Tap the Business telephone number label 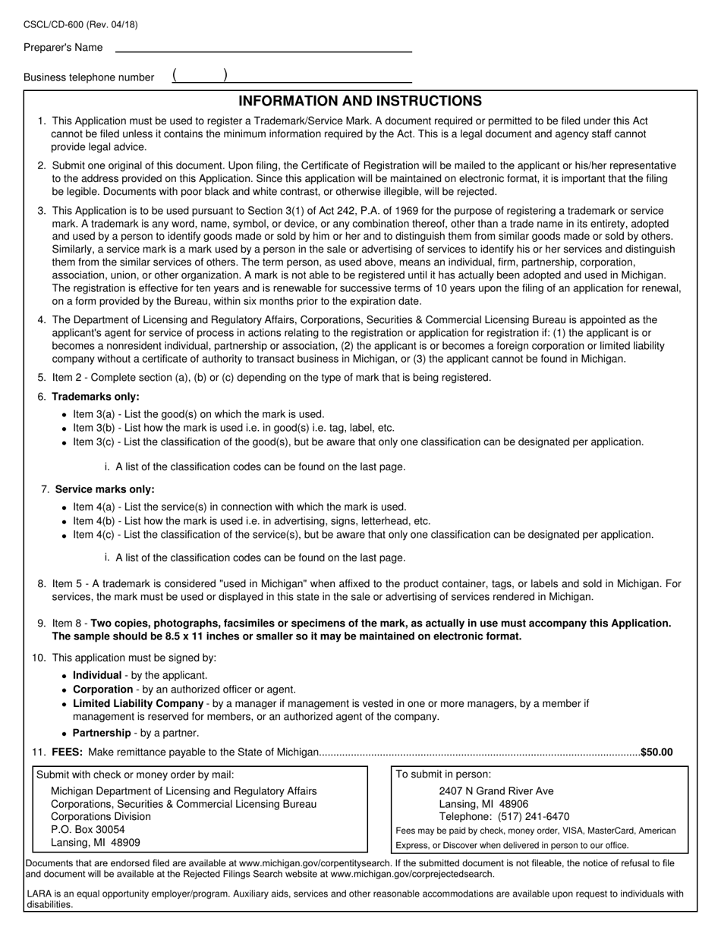point(89,77)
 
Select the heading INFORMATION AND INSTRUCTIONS point(360,102)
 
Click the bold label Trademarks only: point(96,397)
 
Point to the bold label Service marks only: point(105,489)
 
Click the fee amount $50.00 point(656,752)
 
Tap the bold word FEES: point(68,752)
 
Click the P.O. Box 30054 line point(88,830)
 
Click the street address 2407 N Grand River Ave point(496,791)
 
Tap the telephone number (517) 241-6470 point(534,817)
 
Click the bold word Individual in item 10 point(97,675)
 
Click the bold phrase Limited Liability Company point(138,703)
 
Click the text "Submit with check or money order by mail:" point(135,774)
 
